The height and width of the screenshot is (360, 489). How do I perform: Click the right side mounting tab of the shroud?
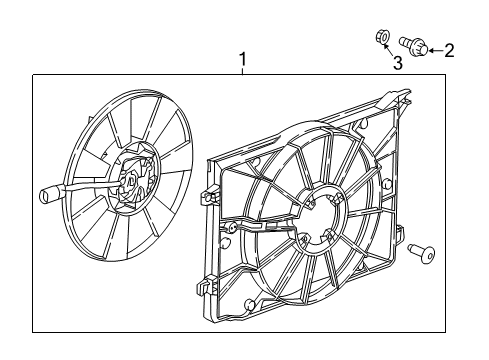tap(402, 240)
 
